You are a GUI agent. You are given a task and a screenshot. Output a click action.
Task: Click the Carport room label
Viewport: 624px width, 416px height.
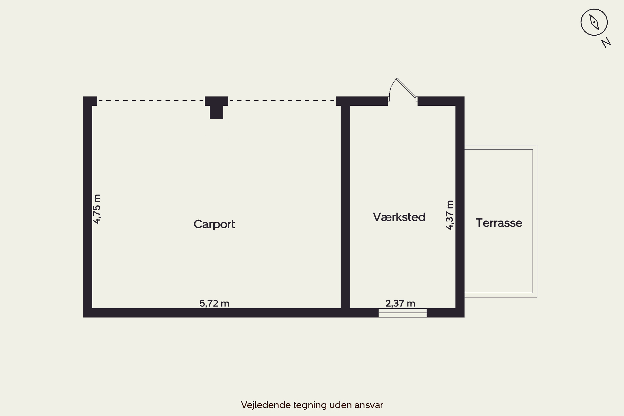214,224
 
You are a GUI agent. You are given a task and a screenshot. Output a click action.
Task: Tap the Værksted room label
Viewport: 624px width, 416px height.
399,217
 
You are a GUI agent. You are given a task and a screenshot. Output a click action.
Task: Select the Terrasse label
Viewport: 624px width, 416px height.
499,223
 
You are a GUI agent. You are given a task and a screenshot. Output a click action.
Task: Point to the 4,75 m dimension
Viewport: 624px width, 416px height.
97,209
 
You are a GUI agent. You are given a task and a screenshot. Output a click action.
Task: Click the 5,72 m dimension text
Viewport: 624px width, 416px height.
214,303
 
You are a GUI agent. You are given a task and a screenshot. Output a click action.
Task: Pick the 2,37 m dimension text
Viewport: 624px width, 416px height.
400,303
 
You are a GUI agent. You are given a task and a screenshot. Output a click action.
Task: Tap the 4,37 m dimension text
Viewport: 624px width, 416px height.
449,215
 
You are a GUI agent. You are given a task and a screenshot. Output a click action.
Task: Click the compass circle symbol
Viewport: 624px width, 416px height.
594,22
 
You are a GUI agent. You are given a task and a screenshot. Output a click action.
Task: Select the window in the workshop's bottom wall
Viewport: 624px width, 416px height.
402,313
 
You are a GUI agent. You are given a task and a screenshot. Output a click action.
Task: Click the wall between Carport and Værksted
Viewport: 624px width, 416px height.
345,207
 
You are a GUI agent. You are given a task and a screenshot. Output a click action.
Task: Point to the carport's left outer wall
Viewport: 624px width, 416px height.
88,207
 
